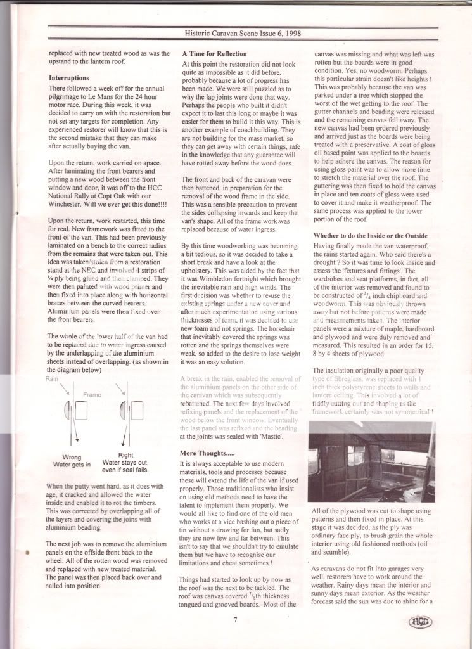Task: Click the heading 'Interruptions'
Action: (x=72, y=78)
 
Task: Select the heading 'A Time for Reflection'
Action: (x=214, y=54)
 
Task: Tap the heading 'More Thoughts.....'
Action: (x=211, y=453)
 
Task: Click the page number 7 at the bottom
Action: (x=235, y=620)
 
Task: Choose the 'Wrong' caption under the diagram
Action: (x=72, y=456)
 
